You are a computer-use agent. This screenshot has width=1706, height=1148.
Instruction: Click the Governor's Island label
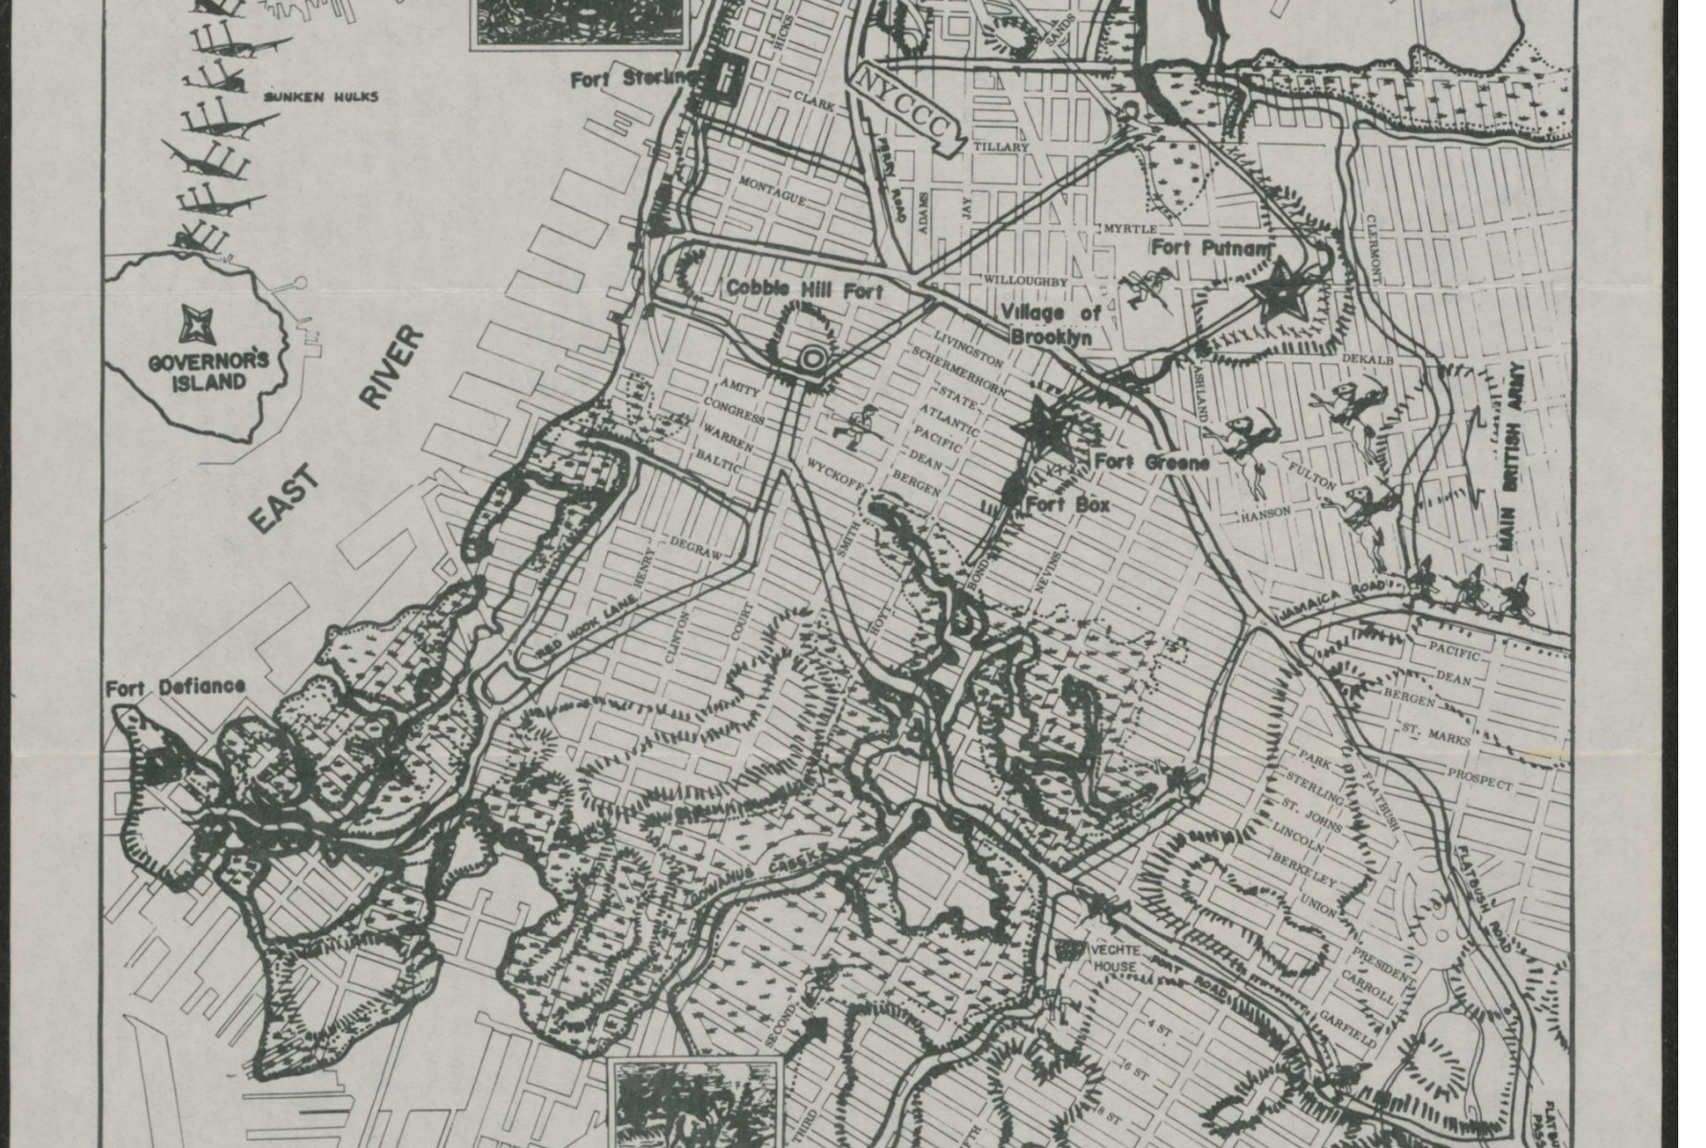click(209, 373)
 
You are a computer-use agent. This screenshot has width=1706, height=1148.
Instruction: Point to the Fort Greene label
click(1151, 462)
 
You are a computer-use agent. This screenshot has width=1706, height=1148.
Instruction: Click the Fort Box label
click(1068, 504)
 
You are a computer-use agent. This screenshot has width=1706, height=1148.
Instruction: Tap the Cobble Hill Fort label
click(805, 288)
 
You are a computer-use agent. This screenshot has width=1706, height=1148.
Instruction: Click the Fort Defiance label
click(175, 687)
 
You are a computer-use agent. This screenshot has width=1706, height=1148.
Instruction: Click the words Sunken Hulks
click(321, 97)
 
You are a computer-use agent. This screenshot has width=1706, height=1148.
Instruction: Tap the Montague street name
click(772, 190)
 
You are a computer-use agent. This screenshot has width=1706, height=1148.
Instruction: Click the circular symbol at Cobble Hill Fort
click(813, 358)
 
